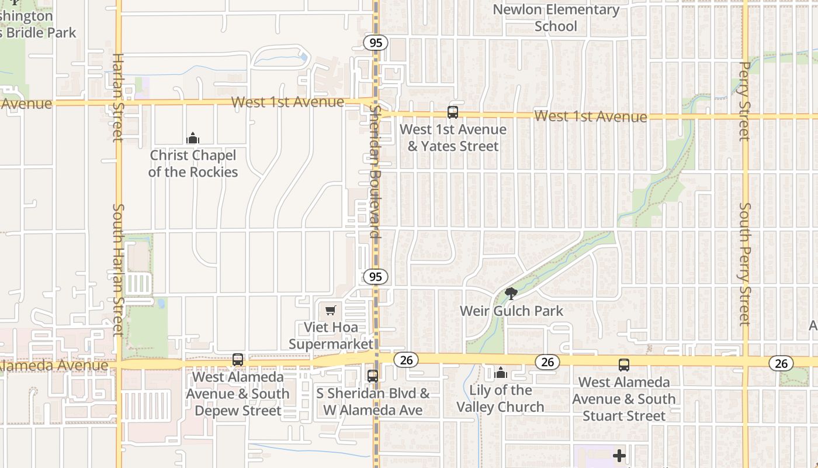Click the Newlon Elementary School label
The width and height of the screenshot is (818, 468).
(x=556, y=18)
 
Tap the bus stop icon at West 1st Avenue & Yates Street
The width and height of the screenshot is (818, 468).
(x=452, y=112)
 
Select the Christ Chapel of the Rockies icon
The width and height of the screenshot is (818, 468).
(x=193, y=138)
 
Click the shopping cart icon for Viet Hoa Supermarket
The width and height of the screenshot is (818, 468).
(x=331, y=309)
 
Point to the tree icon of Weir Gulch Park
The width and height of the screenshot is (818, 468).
(x=511, y=293)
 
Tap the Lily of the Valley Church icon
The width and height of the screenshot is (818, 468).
(x=501, y=373)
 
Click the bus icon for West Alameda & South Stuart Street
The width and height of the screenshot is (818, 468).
(x=624, y=365)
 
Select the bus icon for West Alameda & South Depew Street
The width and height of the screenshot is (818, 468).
(x=238, y=360)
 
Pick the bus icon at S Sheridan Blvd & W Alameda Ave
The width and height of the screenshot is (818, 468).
(x=373, y=376)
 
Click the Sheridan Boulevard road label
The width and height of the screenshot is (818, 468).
(x=375, y=174)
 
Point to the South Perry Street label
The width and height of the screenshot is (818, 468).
(x=744, y=263)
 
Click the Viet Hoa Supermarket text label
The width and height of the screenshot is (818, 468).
(x=331, y=335)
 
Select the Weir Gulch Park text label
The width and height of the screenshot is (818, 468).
(x=511, y=311)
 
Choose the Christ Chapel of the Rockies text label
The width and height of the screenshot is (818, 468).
(x=193, y=163)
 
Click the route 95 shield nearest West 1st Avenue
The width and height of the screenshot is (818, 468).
(x=376, y=43)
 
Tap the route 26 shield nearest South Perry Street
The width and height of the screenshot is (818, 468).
(x=781, y=363)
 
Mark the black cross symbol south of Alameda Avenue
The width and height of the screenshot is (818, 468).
(x=619, y=456)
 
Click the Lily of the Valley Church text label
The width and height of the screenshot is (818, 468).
(x=501, y=398)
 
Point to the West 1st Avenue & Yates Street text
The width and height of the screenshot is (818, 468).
(x=453, y=137)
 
